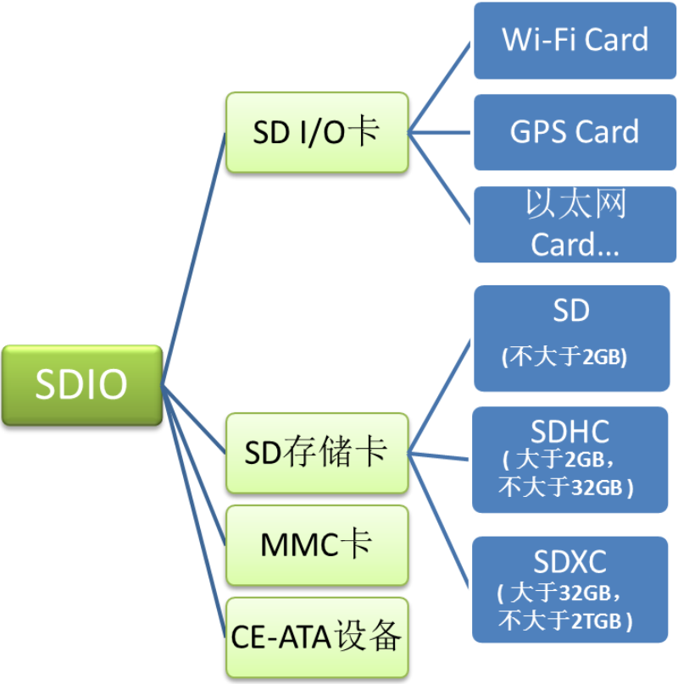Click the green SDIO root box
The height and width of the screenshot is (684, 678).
click(x=81, y=385)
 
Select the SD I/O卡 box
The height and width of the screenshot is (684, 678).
click(x=317, y=132)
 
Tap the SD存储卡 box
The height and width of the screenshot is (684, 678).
click(x=317, y=453)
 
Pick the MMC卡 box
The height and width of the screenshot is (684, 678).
click(x=317, y=545)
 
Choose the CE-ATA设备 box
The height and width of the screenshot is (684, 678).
click(x=317, y=637)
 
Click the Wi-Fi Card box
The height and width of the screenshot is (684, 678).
click(x=575, y=40)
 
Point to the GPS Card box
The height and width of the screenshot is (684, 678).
click(x=575, y=132)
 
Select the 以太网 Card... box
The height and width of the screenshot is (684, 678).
click(x=575, y=223)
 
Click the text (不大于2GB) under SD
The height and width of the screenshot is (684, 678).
click(x=564, y=356)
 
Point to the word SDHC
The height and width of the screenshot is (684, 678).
click(x=570, y=433)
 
